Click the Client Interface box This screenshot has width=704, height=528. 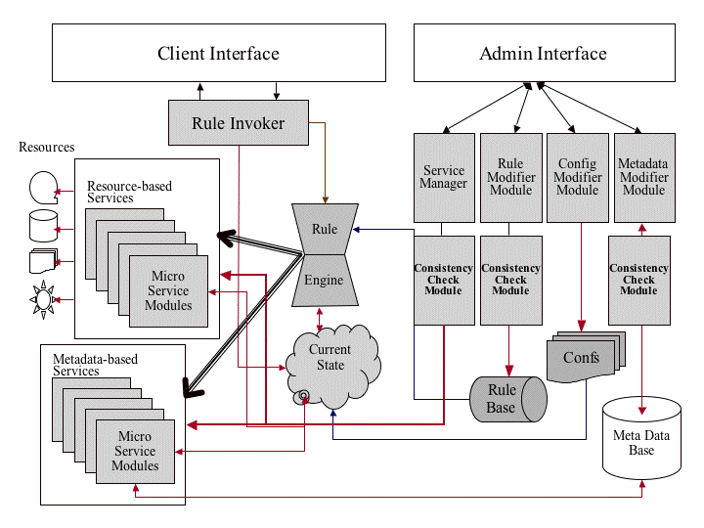(218, 55)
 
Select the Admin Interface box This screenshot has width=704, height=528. (543, 55)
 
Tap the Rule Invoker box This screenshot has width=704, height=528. (238, 123)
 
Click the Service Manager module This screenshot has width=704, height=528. (443, 177)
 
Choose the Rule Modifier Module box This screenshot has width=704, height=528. (510, 177)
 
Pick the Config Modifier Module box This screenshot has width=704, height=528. (577, 177)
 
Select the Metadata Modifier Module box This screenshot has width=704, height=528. (643, 177)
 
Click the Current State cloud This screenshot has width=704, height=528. (330, 358)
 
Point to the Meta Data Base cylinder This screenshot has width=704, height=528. (640, 442)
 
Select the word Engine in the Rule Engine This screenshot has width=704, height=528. (324, 281)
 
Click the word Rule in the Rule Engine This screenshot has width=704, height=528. (325, 229)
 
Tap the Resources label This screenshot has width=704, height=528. (46, 148)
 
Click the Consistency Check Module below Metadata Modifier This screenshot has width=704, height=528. (638, 280)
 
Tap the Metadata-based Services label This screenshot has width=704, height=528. (95, 365)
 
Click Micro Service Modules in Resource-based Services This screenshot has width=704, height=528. (168, 291)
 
